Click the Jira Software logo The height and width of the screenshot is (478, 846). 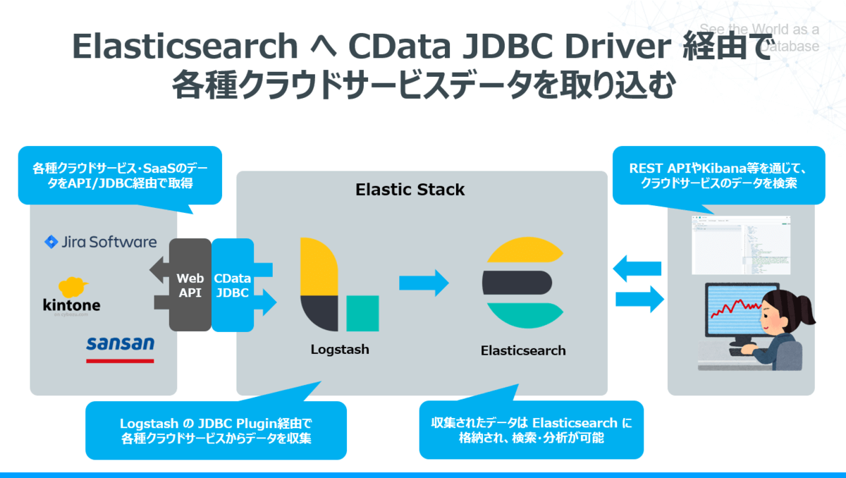[x=101, y=243]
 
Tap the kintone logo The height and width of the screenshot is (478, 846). [x=72, y=297]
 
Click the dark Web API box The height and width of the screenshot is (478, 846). [x=190, y=285]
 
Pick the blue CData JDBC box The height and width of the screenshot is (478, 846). [x=231, y=285]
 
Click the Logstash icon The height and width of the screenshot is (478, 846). [x=339, y=285]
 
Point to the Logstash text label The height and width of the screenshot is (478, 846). [x=340, y=349]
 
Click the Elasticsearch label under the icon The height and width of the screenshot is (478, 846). [x=522, y=350]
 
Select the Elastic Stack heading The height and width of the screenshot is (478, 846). [x=410, y=190]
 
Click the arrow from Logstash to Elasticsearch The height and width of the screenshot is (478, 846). [x=424, y=283]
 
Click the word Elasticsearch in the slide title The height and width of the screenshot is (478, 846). [x=185, y=47]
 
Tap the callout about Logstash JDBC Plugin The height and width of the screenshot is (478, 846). [x=216, y=430]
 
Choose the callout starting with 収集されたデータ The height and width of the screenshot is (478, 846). [x=531, y=430]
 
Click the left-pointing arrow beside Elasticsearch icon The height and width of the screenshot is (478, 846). [x=639, y=268]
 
